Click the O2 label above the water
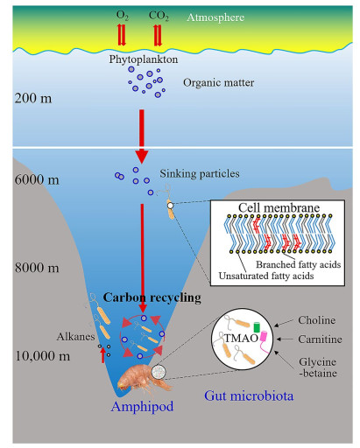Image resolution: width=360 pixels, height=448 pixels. [x=123, y=16]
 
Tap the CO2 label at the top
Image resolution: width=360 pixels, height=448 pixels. [x=159, y=16]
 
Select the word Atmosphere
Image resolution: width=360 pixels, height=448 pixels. [x=215, y=17]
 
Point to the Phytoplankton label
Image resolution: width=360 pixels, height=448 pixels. [x=144, y=59]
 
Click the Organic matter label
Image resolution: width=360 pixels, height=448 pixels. [x=219, y=83]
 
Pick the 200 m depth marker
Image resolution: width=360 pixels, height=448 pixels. [x=33, y=98]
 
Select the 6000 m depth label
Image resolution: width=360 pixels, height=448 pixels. [x=37, y=179]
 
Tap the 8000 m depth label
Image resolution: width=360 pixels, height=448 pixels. [x=37, y=268]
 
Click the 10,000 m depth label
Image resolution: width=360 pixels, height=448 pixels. [x=42, y=356]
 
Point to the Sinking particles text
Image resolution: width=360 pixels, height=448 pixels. [x=200, y=174]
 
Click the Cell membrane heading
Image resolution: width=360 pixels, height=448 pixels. [x=279, y=207]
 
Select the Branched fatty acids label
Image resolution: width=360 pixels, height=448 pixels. [x=299, y=264]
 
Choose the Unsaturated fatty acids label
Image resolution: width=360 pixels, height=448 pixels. [x=266, y=276]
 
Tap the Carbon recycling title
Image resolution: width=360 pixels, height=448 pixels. [x=152, y=297]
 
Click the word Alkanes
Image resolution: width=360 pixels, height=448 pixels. [x=75, y=337]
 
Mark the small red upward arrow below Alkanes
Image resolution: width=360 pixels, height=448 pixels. [x=102, y=356]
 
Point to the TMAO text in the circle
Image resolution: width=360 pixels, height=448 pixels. [x=241, y=339]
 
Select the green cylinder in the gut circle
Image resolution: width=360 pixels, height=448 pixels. [x=257, y=327]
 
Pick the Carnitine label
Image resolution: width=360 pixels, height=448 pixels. [x=320, y=339]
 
